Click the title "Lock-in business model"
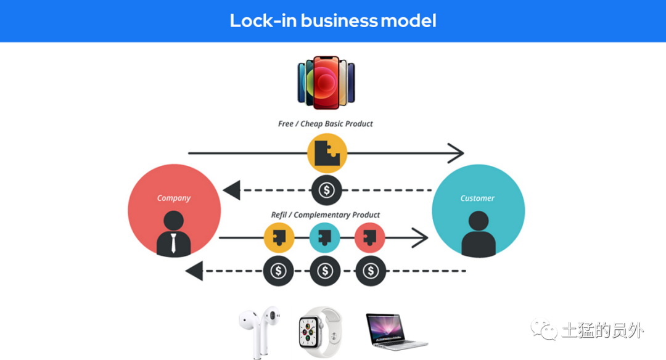point(333,20)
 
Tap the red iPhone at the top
point(326,82)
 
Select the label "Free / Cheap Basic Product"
point(326,123)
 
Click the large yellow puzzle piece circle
point(327,153)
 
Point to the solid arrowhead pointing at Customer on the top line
point(456,153)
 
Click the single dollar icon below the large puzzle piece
point(327,190)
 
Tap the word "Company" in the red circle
point(174,198)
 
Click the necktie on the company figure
point(173,243)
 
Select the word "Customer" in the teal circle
point(477,198)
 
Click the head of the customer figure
point(479,221)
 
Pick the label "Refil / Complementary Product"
point(326,215)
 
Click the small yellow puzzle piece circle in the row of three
point(279,238)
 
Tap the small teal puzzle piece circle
point(324,238)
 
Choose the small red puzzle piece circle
point(370,238)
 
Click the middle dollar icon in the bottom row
point(325,271)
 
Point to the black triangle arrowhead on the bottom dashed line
point(194,271)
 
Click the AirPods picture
point(259,332)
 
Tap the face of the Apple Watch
point(310,332)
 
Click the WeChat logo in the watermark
point(544,329)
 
